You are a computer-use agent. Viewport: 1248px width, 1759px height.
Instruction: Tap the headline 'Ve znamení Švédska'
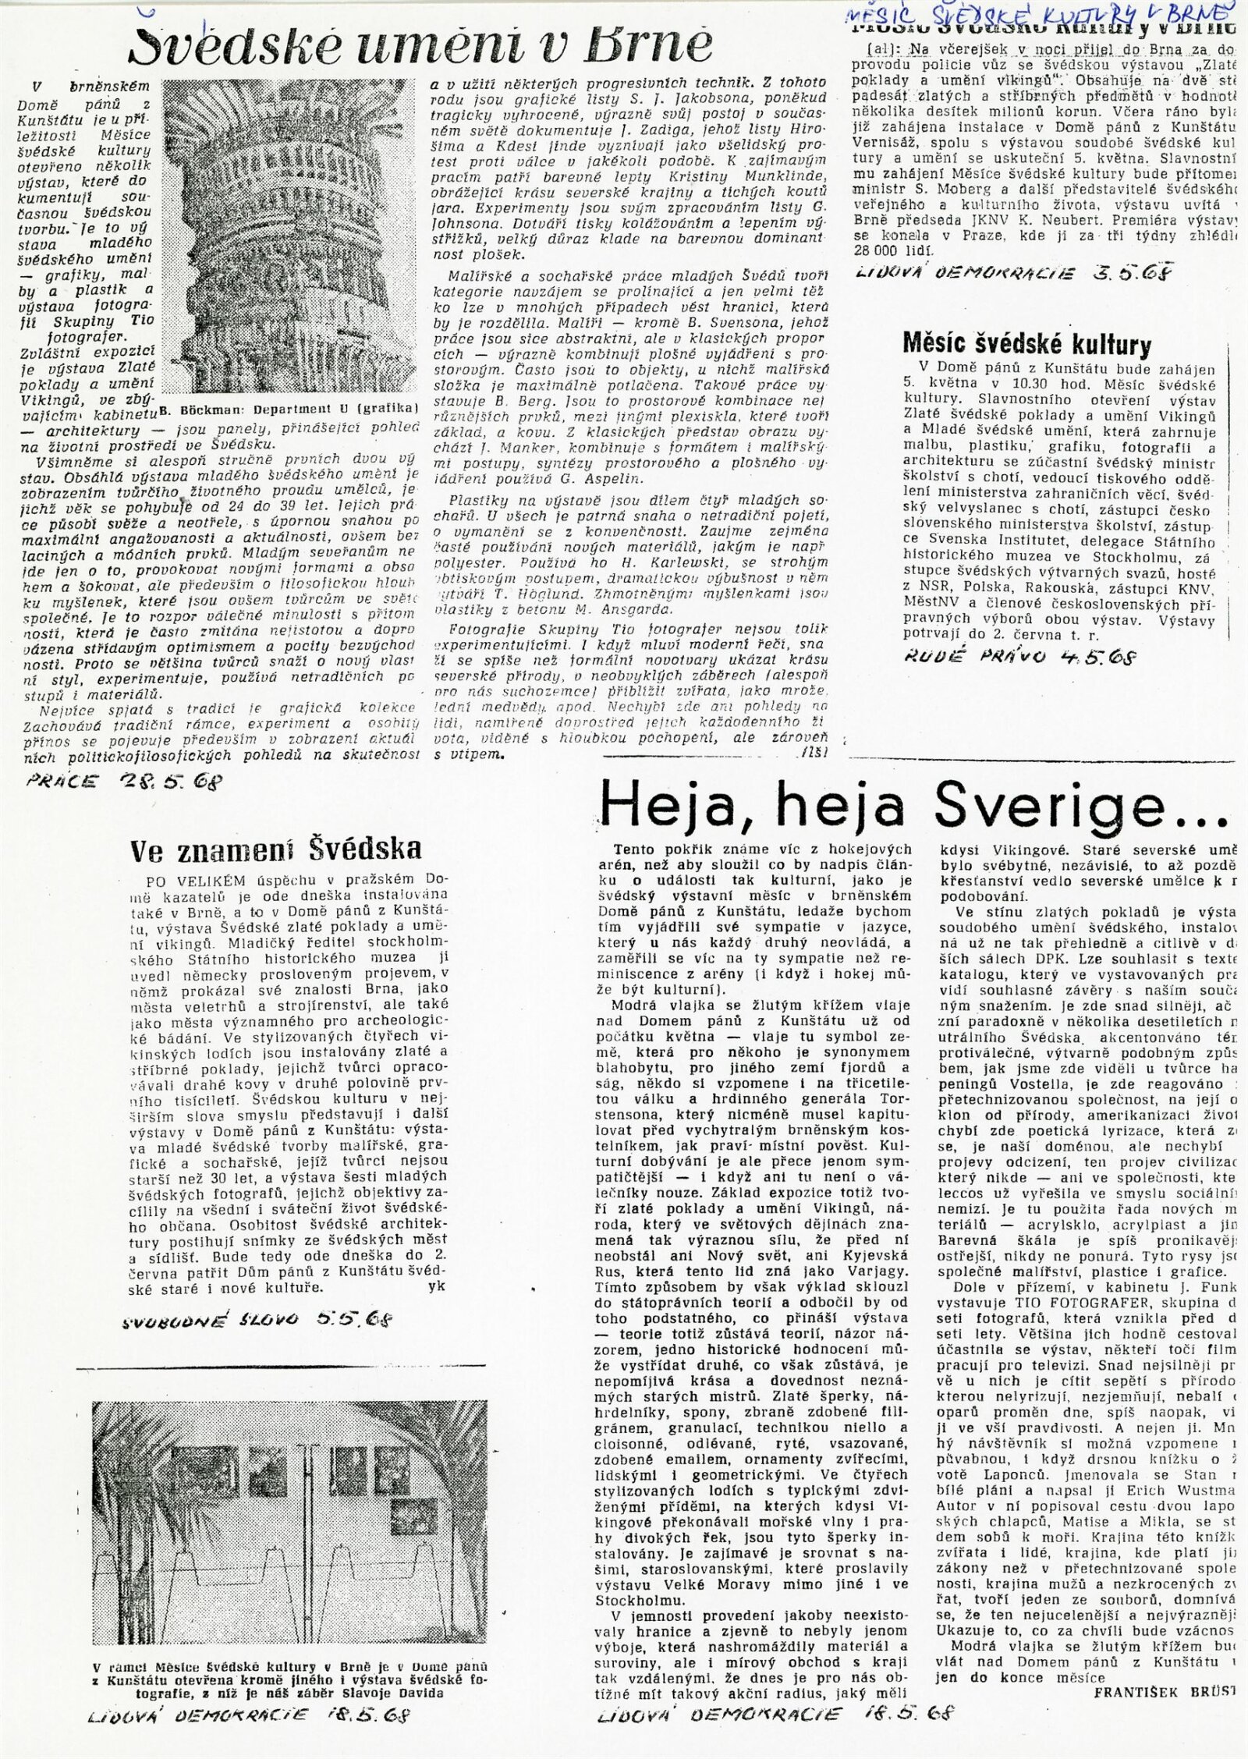[275, 848]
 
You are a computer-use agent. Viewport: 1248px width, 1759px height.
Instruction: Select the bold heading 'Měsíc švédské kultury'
[1026, 343]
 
